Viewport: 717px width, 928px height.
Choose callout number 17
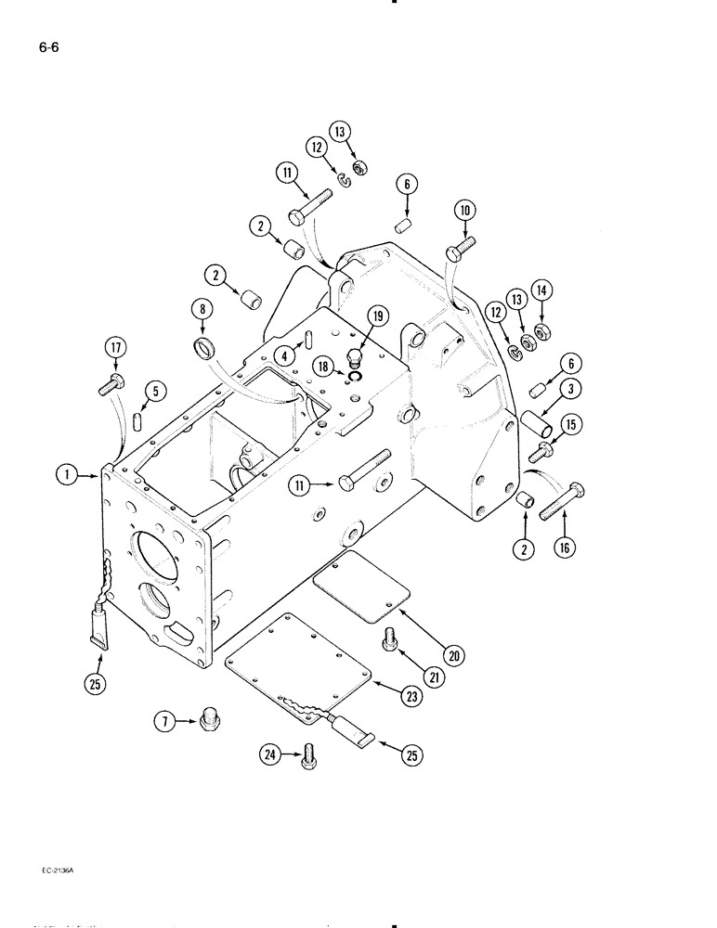(x=115, y=348)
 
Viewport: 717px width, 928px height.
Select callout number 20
(x=453, y=656)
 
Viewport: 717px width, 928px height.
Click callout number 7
(x=165, y=720)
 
